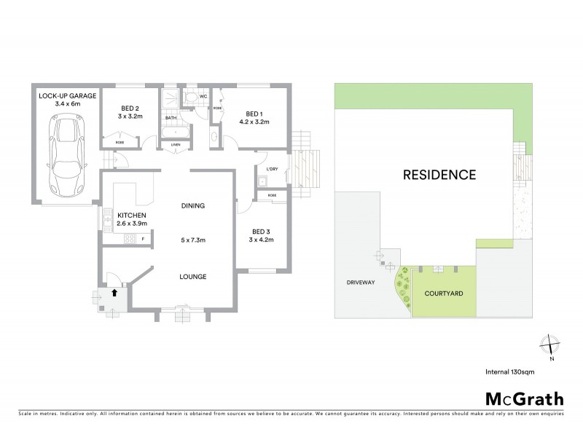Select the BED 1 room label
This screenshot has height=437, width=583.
point(254,114)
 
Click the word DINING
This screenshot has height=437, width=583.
point(193,206)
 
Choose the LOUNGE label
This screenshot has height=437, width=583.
point(193,277)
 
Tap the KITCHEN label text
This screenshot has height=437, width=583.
point(133,215)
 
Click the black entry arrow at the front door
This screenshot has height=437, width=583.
point(114,292)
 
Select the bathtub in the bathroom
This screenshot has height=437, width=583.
point(175,133)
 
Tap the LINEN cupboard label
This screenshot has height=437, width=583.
point(175,145)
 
